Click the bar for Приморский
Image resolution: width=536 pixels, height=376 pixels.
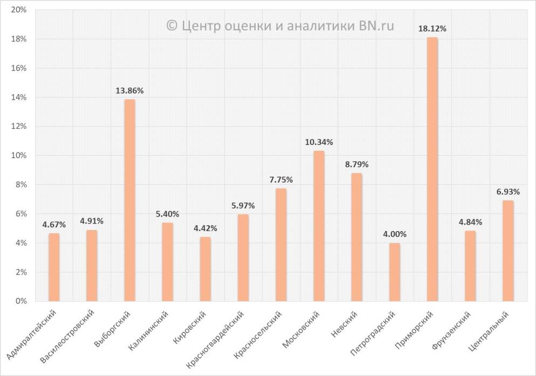[432, 169]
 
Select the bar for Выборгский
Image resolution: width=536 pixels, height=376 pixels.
[129, 200]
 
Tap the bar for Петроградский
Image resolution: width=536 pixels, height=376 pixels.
[394, 272]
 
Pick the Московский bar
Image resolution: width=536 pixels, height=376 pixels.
[319, 226]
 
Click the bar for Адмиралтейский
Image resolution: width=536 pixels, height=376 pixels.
[54, 267]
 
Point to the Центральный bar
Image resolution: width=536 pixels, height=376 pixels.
[508, 250]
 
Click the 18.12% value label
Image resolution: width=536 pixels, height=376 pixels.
[432, 29]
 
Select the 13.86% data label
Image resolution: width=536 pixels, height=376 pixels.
[129, 90]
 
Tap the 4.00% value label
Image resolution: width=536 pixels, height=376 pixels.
[394, 234]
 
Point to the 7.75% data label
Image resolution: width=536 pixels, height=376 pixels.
[281, 179]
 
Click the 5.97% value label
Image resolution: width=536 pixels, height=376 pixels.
[243, 205]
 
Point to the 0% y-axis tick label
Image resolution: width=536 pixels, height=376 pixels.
[22, 301]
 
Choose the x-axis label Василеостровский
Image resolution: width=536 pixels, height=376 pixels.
[68, 335]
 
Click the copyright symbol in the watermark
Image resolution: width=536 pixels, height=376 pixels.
[172, 25]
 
